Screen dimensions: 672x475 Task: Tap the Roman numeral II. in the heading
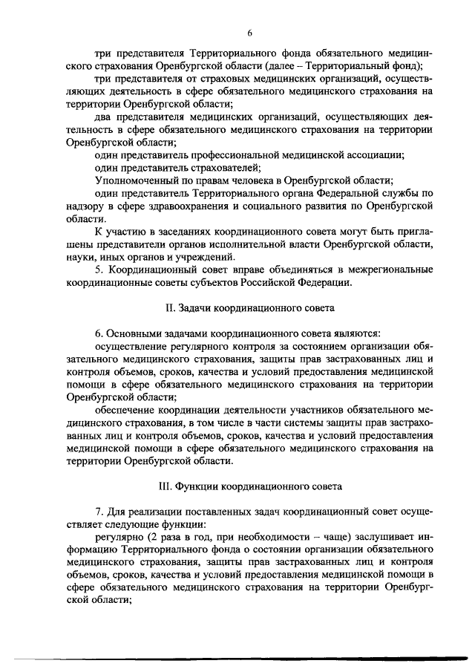pos(168,307)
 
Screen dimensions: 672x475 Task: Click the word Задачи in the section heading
pos(198,307)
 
